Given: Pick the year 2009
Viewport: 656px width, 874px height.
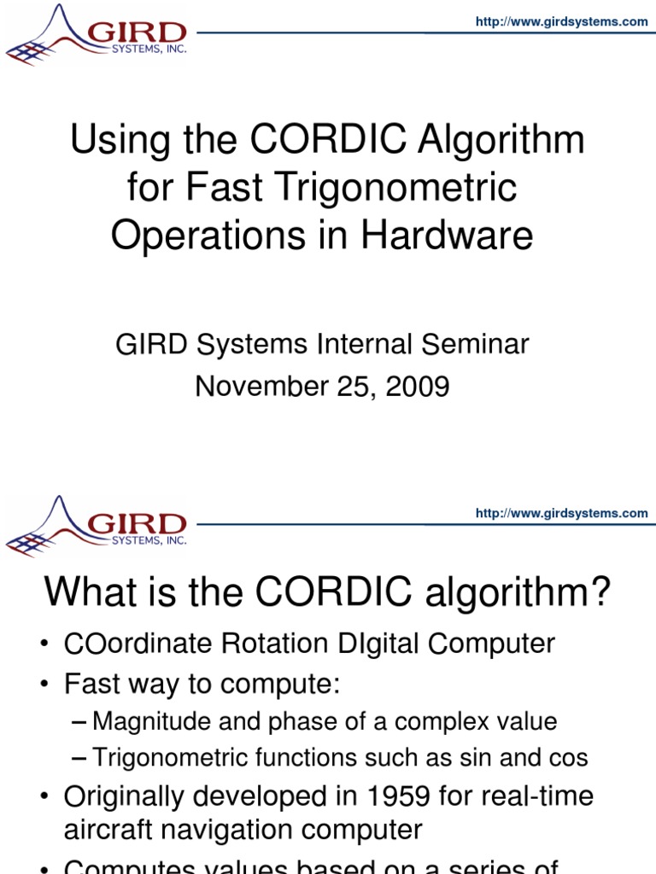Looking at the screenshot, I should pos(416,387).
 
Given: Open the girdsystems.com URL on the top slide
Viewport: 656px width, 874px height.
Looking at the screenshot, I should pos(561,22).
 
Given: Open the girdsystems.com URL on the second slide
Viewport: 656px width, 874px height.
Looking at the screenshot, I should pos(561,513).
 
